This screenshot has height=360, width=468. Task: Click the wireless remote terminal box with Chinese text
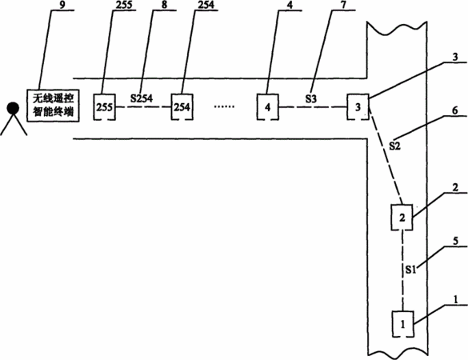pos(53,106)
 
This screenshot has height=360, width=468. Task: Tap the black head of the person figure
pos(14,108)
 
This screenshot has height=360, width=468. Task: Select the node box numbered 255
pos(105,107)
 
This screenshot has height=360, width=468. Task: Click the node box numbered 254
pos(182,107)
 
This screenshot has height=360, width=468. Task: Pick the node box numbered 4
pos(268,107)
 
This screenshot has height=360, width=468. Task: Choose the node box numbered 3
pos(358,107)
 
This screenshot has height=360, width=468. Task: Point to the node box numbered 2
pos(402,218)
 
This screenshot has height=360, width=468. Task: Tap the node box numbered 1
pos(403,324)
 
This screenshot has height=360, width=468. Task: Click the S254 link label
pos(142,98)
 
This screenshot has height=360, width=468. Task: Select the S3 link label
pos(310,98)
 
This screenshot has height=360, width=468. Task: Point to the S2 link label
pos(394,146)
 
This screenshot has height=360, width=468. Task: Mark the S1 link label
pos(410,270)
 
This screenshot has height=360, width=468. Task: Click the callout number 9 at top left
pos(62,5)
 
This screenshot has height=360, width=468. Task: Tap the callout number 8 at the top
pos(165,5)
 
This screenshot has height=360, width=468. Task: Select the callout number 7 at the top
pos(343,5)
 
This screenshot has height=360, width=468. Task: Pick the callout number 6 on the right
pos(455,110)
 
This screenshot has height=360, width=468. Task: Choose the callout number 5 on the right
pos(455,241)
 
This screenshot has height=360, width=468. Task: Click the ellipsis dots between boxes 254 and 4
pos(225,106)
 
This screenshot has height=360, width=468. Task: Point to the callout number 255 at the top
pos(123,5)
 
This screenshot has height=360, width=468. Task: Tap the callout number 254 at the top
pos(206,5)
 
